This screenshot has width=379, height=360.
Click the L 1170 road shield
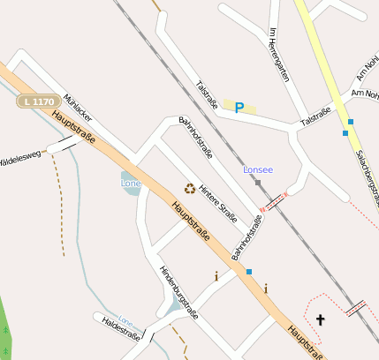coord(38,102)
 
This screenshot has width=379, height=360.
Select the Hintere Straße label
coord(218,203)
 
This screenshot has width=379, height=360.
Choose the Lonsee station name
coord(258,169)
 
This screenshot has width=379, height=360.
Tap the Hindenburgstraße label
coord(178,292)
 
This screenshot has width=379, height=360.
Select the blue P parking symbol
coord(239,108)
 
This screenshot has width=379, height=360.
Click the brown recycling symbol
coord(189,188)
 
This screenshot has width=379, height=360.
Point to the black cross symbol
coord(320,319)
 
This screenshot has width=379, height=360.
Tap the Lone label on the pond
coord(130,183)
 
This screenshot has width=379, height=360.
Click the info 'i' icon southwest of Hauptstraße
coord(216,276)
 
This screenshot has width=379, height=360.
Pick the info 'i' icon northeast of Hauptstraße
coord(265,288)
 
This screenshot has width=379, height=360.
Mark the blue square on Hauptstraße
coord(249,271)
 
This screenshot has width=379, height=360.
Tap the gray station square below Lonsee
coord(258,183)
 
